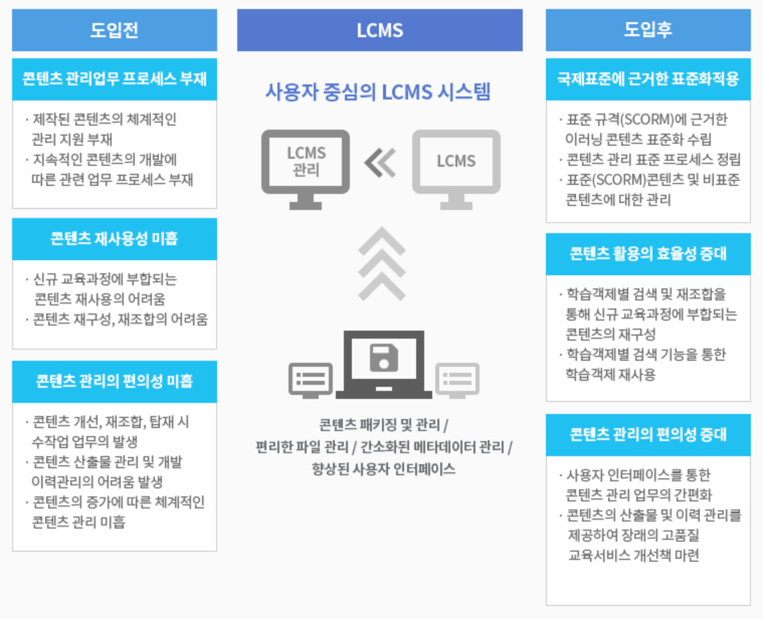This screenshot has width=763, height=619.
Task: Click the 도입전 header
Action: click(114, 30)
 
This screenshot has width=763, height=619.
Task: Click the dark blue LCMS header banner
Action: click(379, 30)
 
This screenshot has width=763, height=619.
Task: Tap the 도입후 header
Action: click(648, 30)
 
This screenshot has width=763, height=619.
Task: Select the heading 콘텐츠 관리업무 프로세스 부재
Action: click(114, 79)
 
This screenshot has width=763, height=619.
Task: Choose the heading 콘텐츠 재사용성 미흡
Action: click(114, 239)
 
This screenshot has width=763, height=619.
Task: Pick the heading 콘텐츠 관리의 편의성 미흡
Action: click(114, 381)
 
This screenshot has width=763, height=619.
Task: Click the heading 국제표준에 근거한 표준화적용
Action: click(648, 79)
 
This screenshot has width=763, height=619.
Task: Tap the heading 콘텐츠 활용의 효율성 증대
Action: click(648, 253)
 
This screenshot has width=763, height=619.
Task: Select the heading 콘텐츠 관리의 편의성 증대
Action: click(648, 434)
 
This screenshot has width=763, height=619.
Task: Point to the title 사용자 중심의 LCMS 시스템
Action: click(378, 92)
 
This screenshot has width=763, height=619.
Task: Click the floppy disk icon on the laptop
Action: click(384, 358)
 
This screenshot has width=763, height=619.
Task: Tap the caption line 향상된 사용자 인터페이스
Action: click(384, 469)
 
